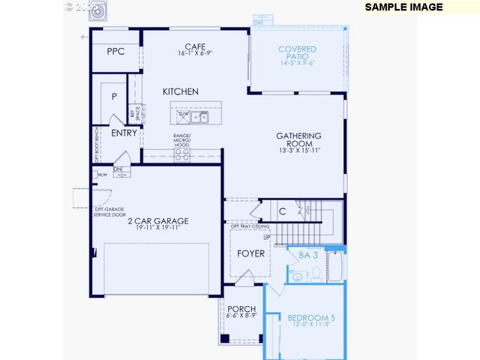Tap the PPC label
[x=115, y=52]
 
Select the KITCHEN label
[x=181, y=91]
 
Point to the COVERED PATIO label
[x=298, y=49]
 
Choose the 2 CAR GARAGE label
[x=157, y=221]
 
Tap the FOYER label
[x=250, y=253]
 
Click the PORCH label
[x=241, y=309]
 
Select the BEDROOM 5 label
[x=311, y=319]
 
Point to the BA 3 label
[x=309, y=256]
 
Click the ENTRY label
[x=124, y=133]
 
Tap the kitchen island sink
[x=199, y=117]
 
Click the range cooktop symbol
[x=181, y=154]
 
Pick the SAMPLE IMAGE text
[x=404, y=7]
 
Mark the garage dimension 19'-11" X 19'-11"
[x=157, y=228]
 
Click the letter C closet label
[x=283, y=212]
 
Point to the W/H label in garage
[x=101, y=175]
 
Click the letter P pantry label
[x=114, y=97]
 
